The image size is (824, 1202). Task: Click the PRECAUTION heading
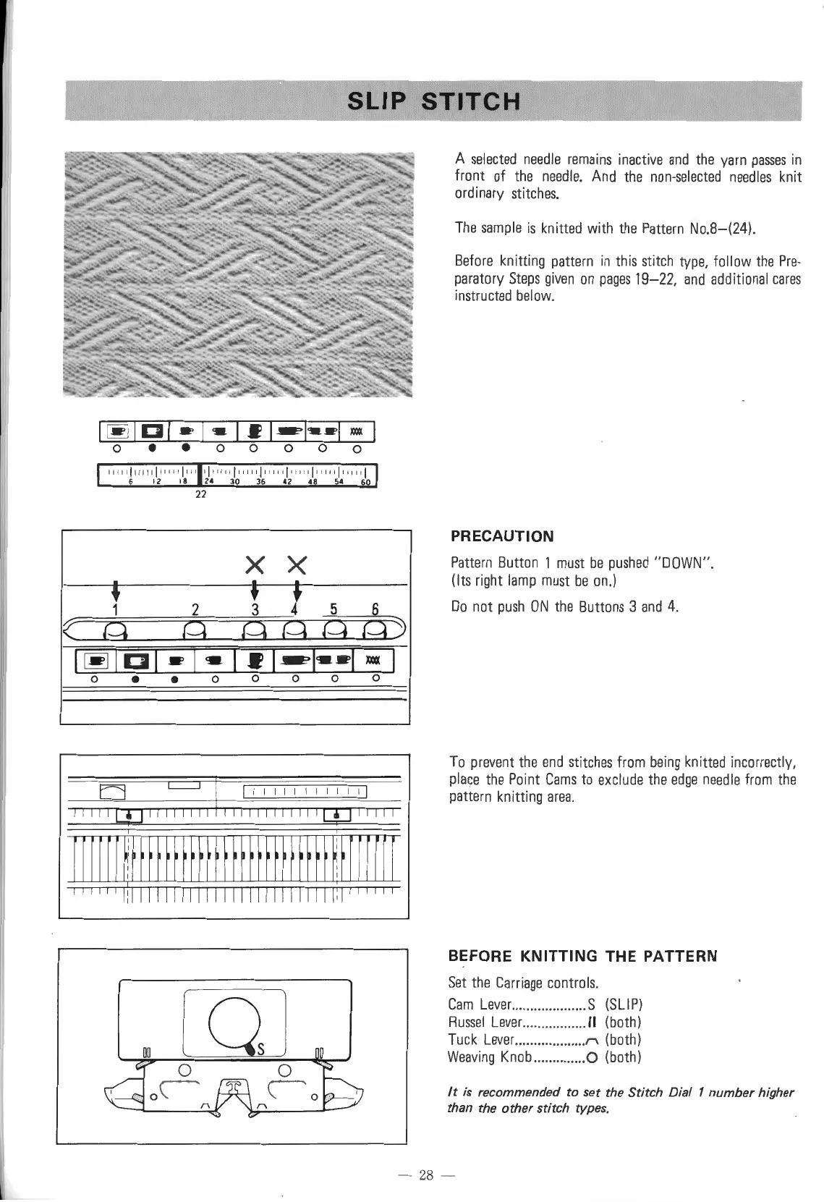502,536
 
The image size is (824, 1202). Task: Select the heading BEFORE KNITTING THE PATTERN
582,956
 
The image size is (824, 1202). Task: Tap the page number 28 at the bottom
425,1176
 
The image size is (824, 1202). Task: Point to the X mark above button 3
254,563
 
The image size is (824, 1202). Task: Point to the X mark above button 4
297,563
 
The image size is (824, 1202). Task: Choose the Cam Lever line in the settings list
545,1004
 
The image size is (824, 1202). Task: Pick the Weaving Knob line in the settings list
545,1057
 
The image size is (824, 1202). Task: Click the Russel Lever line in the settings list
545,1023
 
